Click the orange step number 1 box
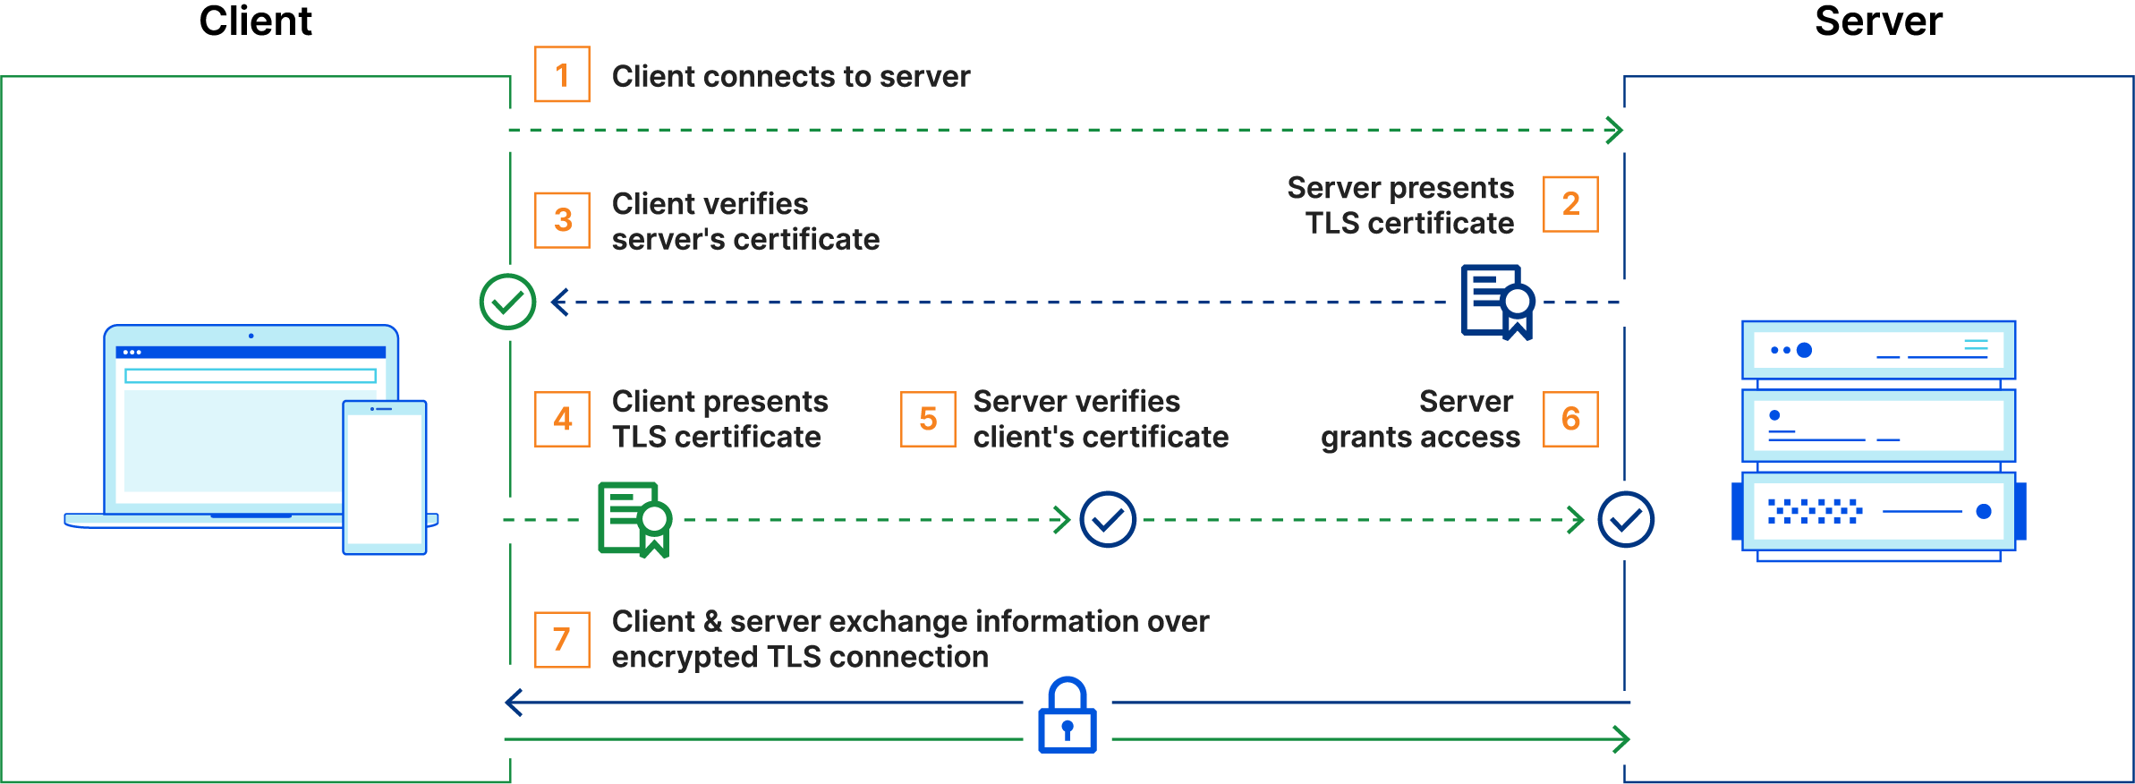click(562, 75)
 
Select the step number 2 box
click(1570, 204)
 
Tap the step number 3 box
click(562, 220)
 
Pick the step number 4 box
click(562, 419)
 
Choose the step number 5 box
click(928, 419)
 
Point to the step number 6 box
click(1570, 419)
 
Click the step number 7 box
click(562, 639)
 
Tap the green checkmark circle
click(507, 303)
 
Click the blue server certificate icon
click(1497, 302)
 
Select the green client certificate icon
click(634, 519)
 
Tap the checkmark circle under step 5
click(1108, 519)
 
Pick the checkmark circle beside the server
click(1626, 519)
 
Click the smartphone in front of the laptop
click(385, 477)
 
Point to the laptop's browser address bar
click(251, 376)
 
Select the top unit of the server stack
click(1878, 350)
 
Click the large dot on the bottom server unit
click(1984, 511)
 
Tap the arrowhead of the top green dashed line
click(1615, 131)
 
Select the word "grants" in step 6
click(1365, 438)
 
